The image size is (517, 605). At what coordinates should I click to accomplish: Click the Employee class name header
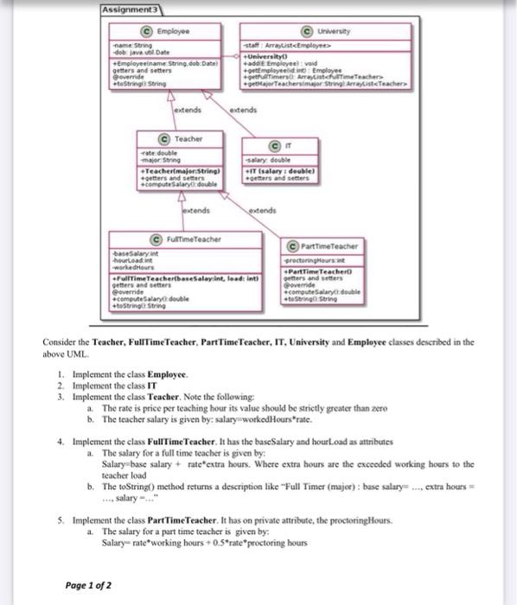[x=182, y=29]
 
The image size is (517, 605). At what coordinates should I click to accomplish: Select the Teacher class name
[x=188, y=138]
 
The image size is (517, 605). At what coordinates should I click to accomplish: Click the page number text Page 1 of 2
[x=89, y=585]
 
